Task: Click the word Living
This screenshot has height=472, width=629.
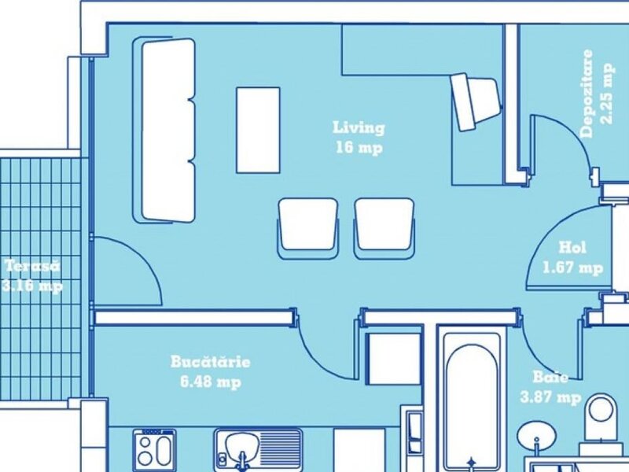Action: pos(359,127)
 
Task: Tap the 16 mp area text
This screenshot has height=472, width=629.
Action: pos(359,148)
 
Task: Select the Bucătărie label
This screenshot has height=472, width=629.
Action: pos(210,362)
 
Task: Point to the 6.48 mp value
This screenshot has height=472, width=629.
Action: pos(211,382)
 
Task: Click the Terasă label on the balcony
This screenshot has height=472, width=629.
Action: pos(32,266)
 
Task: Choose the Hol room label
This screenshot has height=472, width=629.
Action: pos(572,247)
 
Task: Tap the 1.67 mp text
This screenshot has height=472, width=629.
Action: pos(573,267)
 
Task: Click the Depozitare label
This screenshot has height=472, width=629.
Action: pos(586,94)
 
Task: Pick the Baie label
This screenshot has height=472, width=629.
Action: pos(550,378)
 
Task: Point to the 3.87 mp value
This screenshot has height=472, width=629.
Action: pos(550,397)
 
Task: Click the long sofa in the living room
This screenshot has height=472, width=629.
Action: pos(164,131)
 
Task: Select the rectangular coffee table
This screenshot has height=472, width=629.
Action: pos(258,130)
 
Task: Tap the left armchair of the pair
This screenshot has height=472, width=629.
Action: pos(307,228)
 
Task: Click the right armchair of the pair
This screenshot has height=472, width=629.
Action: pos(384,228)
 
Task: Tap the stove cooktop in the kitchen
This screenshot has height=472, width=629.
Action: pos(154,449)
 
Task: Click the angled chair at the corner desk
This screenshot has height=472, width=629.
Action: pos(476,101)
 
